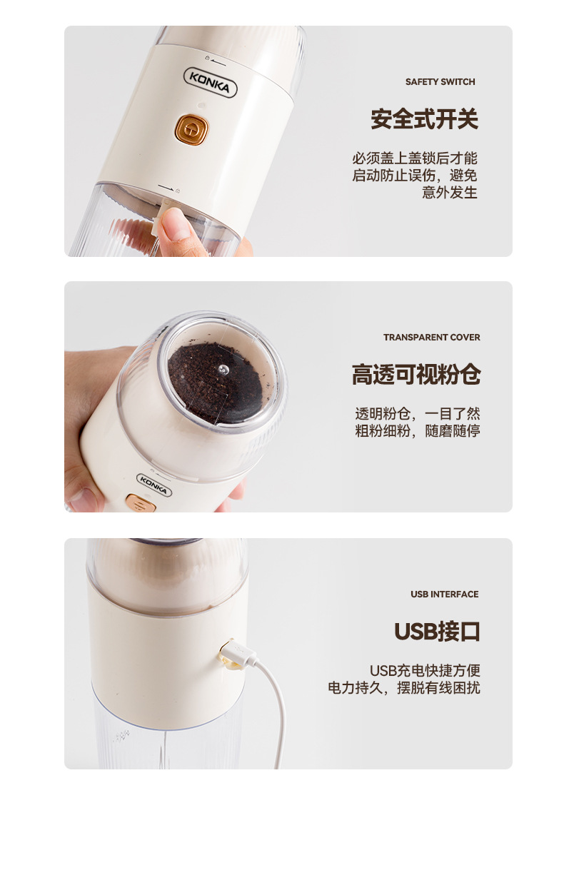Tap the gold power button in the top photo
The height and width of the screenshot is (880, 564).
pyautogui.click(x=191, y=129)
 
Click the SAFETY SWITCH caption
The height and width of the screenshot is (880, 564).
pyautogui.click(x=440, y=82)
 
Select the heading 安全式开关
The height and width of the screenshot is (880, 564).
pyautogui.click(x=424, y=119)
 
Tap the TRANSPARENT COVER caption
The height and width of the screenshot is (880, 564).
pyautogui.click(x=431, y=338)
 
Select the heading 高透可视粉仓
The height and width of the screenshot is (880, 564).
pyautogui.click(x=416, y=375)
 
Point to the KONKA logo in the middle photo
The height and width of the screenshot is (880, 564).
pyautogui.click(x=153, y=485)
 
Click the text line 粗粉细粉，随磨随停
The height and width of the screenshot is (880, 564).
pyautogui.click(x=418, y=431)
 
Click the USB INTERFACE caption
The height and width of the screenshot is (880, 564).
pyautogui.click(x=444, y=595)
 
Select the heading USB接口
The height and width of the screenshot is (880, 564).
pyautogui.click(x=437, y=632)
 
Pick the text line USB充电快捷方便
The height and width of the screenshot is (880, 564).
pyautogui.click(x=424, y=671)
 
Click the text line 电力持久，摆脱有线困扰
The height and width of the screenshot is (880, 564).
pyautogui.click(x=404, y=688)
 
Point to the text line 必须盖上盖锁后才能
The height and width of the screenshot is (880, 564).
pyautogui.click(x=414, y=158)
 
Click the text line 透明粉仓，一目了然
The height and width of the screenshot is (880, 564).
pyautogui.click(x=418, y=414)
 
